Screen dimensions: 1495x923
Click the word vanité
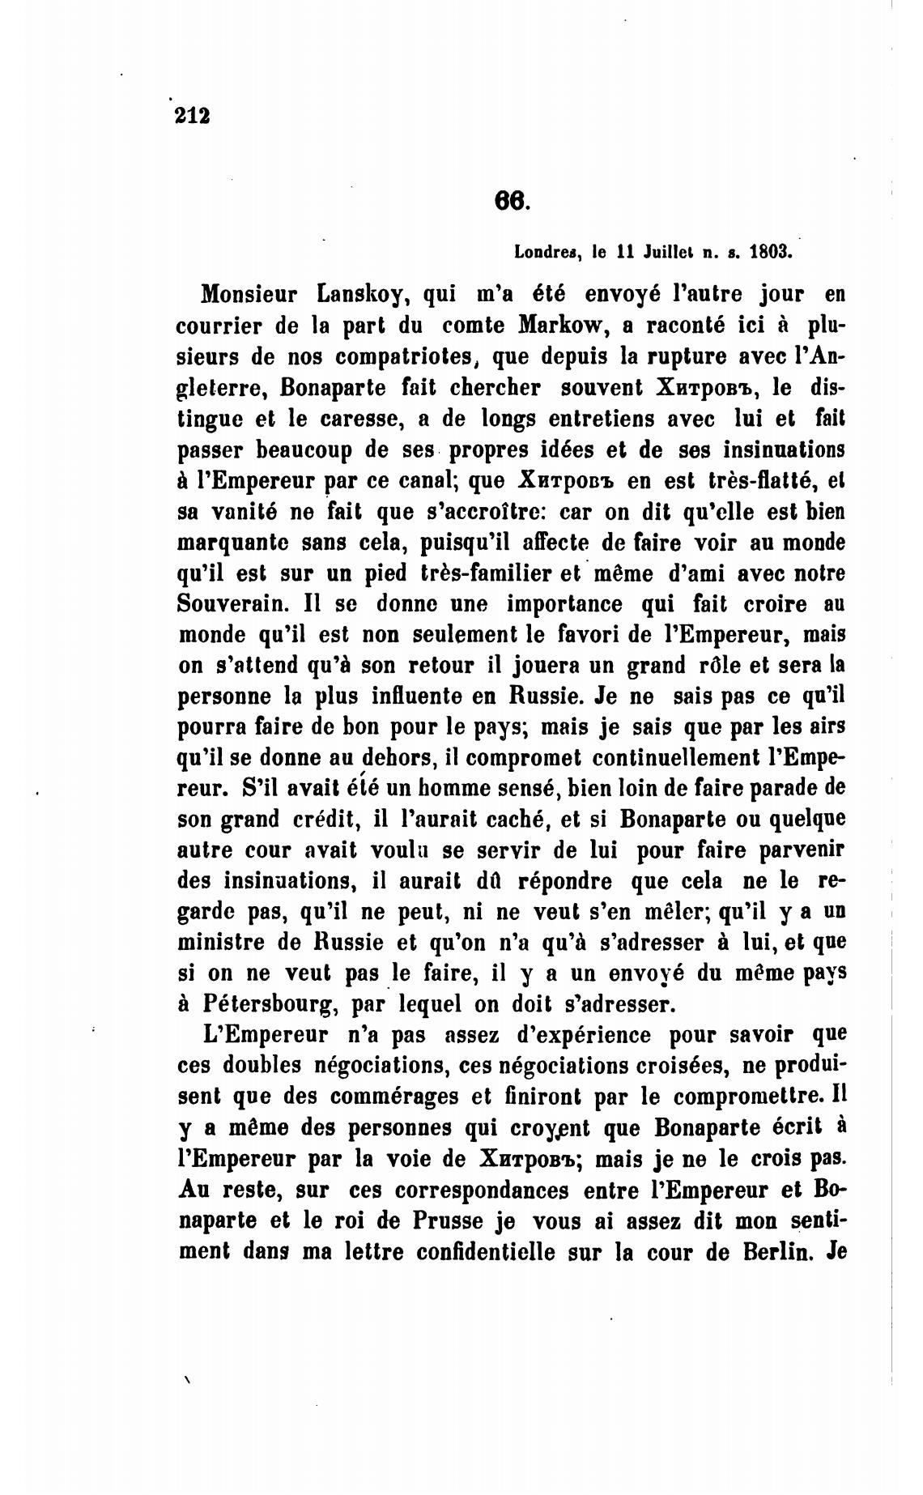click(249, 511)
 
